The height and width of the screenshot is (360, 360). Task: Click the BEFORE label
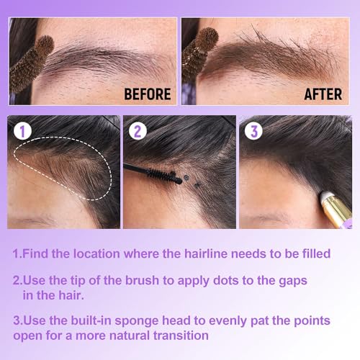pyautogui.click(x=147, y=94)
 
